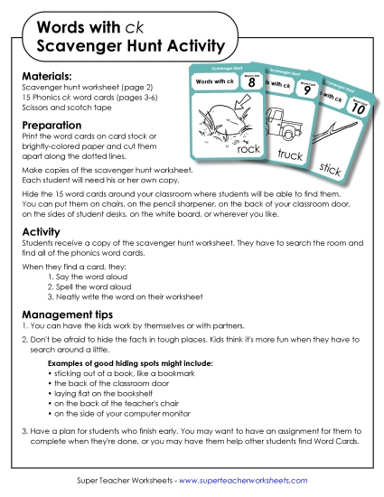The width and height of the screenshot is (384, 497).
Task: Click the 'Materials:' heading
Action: coord(45,76)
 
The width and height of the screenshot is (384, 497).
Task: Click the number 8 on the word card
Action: coord(253,83)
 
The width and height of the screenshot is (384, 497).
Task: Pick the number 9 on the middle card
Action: coord(308,90)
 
